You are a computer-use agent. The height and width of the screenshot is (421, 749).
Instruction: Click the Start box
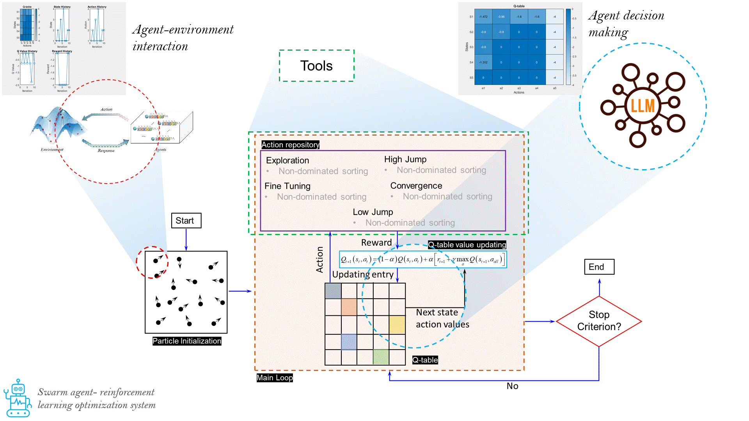coord(186,221)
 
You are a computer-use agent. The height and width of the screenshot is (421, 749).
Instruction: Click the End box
coord(599,267)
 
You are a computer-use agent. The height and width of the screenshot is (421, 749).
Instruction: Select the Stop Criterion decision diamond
coord(599,321)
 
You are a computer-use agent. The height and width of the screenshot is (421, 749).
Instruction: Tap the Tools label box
coord(316,66)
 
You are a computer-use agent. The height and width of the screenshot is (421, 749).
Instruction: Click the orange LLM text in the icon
coord(643,106)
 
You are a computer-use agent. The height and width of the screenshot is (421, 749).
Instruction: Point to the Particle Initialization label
coord(187,341)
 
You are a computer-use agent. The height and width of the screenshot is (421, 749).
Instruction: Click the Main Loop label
coord(275,378)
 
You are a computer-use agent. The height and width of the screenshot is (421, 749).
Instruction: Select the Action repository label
coord(290,145)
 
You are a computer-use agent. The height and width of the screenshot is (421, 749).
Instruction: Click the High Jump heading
coord(405,159)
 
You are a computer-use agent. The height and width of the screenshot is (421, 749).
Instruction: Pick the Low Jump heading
coord(373,212)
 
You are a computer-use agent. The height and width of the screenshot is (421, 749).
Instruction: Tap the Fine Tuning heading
coord(288,186)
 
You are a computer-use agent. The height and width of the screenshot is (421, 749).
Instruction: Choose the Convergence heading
coord(416,186)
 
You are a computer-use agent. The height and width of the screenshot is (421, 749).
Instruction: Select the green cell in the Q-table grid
coord(381,357)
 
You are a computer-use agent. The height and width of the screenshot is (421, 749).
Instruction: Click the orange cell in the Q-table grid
coord(349,307)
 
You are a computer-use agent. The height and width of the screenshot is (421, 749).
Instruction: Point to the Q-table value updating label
coord(467,245)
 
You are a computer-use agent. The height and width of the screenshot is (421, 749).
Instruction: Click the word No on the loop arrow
coord(512,386)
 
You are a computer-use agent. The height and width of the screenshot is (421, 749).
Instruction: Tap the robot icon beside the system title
coord(18,398)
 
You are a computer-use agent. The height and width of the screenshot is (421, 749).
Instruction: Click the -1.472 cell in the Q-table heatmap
coord(483,17)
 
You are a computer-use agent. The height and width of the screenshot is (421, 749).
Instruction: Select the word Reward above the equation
coord(376,242)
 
